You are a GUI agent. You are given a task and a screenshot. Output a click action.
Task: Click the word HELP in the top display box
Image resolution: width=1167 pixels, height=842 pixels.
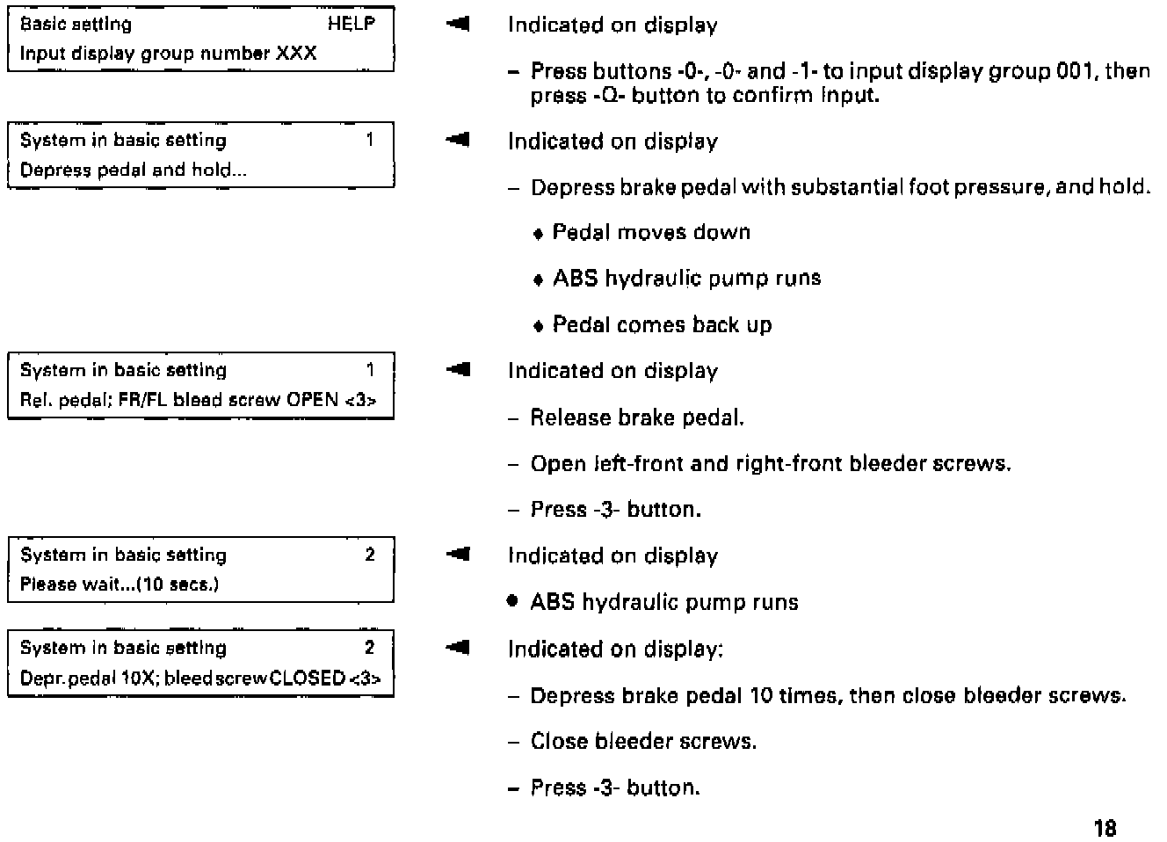pos(351,24)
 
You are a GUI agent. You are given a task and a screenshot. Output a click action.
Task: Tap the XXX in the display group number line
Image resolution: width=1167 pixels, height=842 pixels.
pos(297,53)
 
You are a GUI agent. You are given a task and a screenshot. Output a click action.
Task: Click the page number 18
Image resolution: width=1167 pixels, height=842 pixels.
pos(1105,827)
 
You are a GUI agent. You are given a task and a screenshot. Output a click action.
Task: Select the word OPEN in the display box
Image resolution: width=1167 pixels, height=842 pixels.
pos(313,400)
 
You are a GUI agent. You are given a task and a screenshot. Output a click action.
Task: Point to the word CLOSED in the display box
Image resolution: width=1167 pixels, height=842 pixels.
pos(308,678)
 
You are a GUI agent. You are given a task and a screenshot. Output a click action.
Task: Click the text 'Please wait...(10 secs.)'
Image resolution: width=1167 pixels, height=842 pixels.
pos(120,584)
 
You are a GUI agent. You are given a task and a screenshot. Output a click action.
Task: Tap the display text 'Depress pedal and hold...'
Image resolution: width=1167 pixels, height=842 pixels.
pos(133,170)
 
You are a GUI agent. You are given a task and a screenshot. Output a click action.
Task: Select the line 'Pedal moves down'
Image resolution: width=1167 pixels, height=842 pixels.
pos(651,232)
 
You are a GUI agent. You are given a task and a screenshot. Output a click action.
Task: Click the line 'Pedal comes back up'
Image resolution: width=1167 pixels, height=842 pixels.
pos(662,324)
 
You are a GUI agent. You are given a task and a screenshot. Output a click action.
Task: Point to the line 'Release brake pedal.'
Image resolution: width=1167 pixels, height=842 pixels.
pos(637,417)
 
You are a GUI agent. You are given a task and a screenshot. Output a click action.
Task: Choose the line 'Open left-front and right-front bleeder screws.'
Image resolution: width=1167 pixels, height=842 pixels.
pos(771,463)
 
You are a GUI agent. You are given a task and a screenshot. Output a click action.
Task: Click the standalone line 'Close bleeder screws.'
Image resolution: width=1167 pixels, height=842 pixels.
pos(643,741)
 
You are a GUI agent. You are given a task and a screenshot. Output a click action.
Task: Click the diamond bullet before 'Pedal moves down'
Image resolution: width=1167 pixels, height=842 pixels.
pos(539,234)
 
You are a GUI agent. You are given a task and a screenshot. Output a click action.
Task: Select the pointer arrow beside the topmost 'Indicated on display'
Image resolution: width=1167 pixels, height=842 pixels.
pos(457,25)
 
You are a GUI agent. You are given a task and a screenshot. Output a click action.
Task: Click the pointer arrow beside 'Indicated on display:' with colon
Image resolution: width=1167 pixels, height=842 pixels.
pos(457,649)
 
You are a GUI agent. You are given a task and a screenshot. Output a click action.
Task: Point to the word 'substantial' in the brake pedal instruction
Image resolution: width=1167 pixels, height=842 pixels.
pos(839,187)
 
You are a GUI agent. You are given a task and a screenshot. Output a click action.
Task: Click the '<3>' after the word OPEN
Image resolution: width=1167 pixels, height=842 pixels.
pos(360,400)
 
